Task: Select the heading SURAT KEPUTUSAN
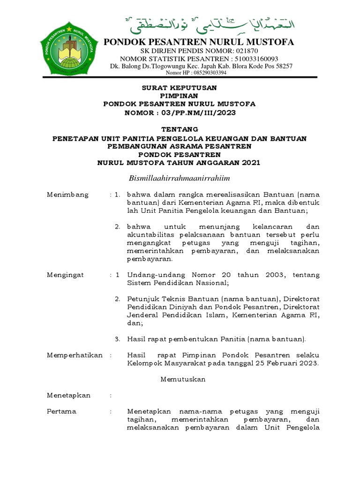click(x=180, y=88)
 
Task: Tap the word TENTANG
click(x=180, y=129)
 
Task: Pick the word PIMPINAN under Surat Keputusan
click(x=180, y=96)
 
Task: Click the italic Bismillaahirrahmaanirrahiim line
click(x=179, y=178)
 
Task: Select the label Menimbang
click(x=67, y=195)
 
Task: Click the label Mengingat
click(x=65, y=275)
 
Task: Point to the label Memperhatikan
click(x=75, y=355)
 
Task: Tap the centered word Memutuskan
click(x=183, y=379)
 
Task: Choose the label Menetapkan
click(x=68, y=395)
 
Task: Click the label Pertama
click(x=61, y=411)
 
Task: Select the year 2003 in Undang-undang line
click(x=274, y=275)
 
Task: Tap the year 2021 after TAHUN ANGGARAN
click(x=251, y=163)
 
